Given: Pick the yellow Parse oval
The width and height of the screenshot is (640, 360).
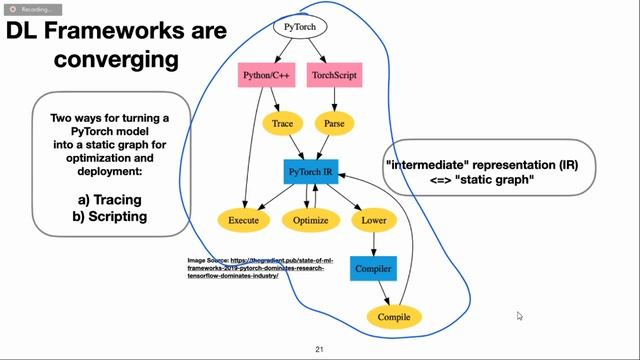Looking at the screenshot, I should tap(335, 124).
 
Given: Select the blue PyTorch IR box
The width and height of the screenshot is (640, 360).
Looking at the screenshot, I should tap(311, 172).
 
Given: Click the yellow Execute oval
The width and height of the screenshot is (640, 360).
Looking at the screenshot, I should tap(243, 219).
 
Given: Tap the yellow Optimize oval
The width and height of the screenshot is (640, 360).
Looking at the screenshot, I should tap(311, 219).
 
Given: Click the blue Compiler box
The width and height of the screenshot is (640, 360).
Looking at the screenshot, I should tap(373, 268).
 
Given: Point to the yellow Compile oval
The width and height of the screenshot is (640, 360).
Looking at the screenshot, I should tap(393, 317).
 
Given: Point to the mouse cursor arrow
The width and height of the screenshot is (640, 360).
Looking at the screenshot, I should tap(519, 316).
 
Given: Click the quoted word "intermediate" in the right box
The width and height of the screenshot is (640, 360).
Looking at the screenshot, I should tap(428, 164).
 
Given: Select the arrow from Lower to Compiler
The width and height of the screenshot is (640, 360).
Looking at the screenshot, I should tap(374, 243).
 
